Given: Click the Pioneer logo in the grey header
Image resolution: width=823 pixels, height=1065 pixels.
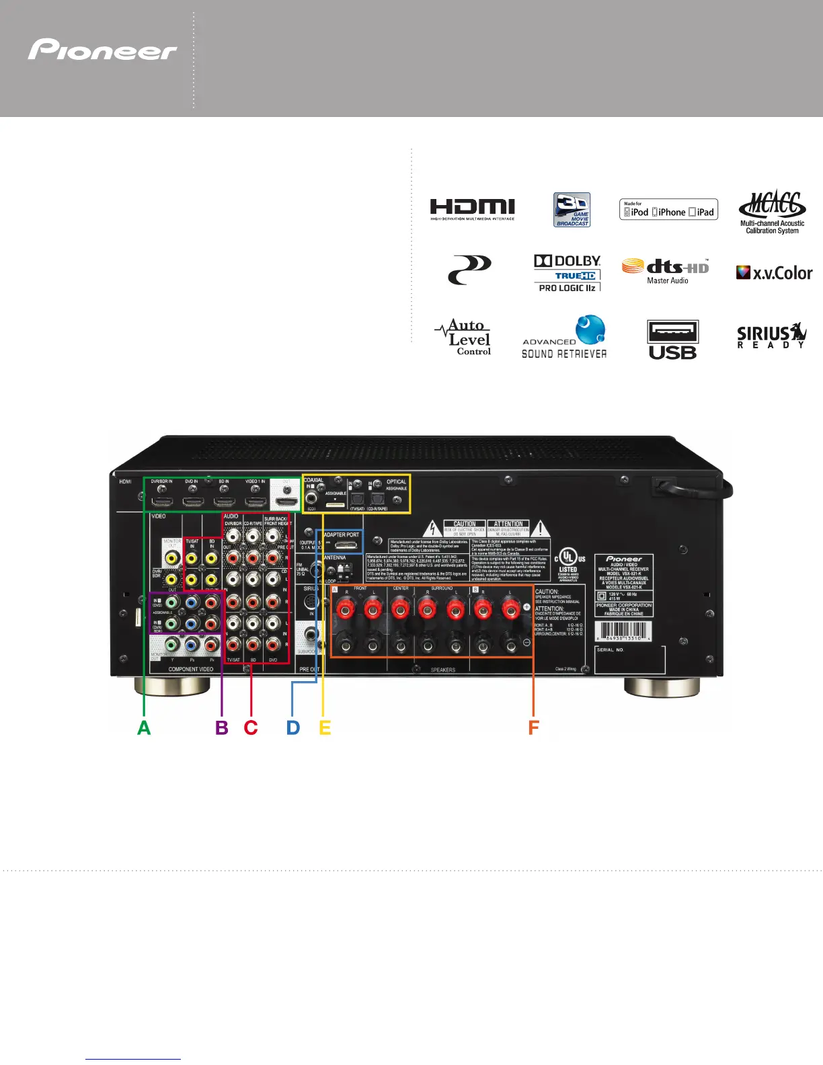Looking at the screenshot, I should click(102, 50).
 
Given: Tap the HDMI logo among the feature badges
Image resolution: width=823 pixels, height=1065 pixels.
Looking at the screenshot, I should click(472, 209).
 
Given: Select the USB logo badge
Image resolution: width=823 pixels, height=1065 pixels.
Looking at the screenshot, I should click(672, 340).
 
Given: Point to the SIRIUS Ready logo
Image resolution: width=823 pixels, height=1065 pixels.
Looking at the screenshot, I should click(771, 336).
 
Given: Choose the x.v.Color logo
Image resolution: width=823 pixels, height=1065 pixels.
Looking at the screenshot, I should click(774, 273).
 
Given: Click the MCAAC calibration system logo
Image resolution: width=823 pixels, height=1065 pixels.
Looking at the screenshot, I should click(772, 211).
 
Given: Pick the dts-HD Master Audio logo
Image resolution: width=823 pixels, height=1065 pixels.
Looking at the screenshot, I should click(666, 270).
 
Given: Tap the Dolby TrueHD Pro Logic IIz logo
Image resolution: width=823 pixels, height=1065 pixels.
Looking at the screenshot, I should click(567, 272).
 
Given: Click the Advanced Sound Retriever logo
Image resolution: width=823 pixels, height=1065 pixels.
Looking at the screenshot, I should click(565, 338).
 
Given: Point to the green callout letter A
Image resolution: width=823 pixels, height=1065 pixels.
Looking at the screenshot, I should click(144, 727).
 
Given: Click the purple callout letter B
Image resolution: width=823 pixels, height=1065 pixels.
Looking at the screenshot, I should click(222, 727).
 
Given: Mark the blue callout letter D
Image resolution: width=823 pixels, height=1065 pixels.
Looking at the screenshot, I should click(293, 727).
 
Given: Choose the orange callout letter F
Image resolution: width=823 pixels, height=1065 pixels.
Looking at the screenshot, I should click(534, 727).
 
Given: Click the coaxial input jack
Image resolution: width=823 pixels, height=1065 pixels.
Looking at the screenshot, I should click(312, 499).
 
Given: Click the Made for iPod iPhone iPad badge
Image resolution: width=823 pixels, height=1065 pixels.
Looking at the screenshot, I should click(668, 210).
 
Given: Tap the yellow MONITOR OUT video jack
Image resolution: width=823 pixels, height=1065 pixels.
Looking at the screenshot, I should click(172, 557).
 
